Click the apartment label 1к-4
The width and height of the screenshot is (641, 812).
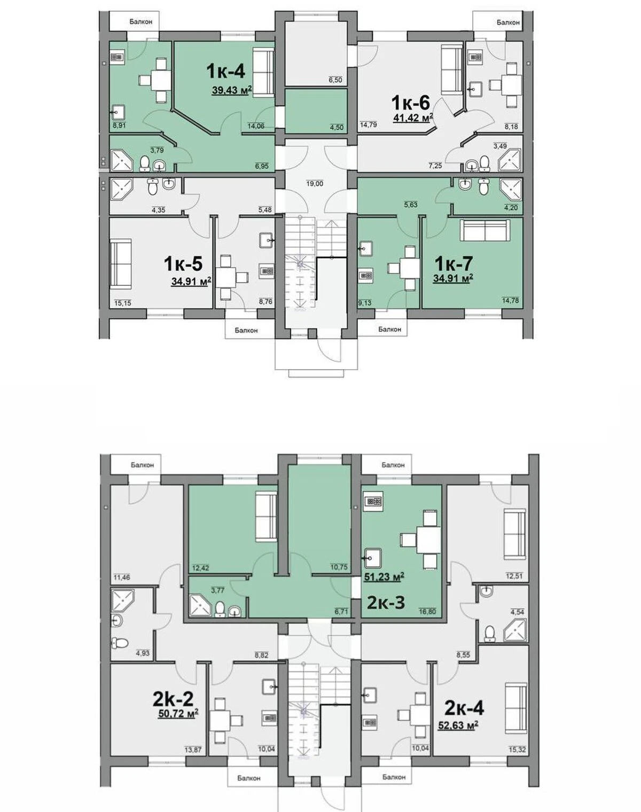[x=226, y=71]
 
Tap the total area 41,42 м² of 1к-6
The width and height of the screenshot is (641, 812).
[x=413, y=118]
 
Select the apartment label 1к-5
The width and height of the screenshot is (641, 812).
[x=183, y=263]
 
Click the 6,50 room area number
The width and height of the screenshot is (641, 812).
[x=335, y=80]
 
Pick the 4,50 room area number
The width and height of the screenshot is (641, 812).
[x=337, y=128]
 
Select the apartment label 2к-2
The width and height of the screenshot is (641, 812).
[x=173, y=700]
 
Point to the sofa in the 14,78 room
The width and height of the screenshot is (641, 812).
[x=484, y=229]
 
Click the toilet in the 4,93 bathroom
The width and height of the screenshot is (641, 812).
[x=120, y=642]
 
